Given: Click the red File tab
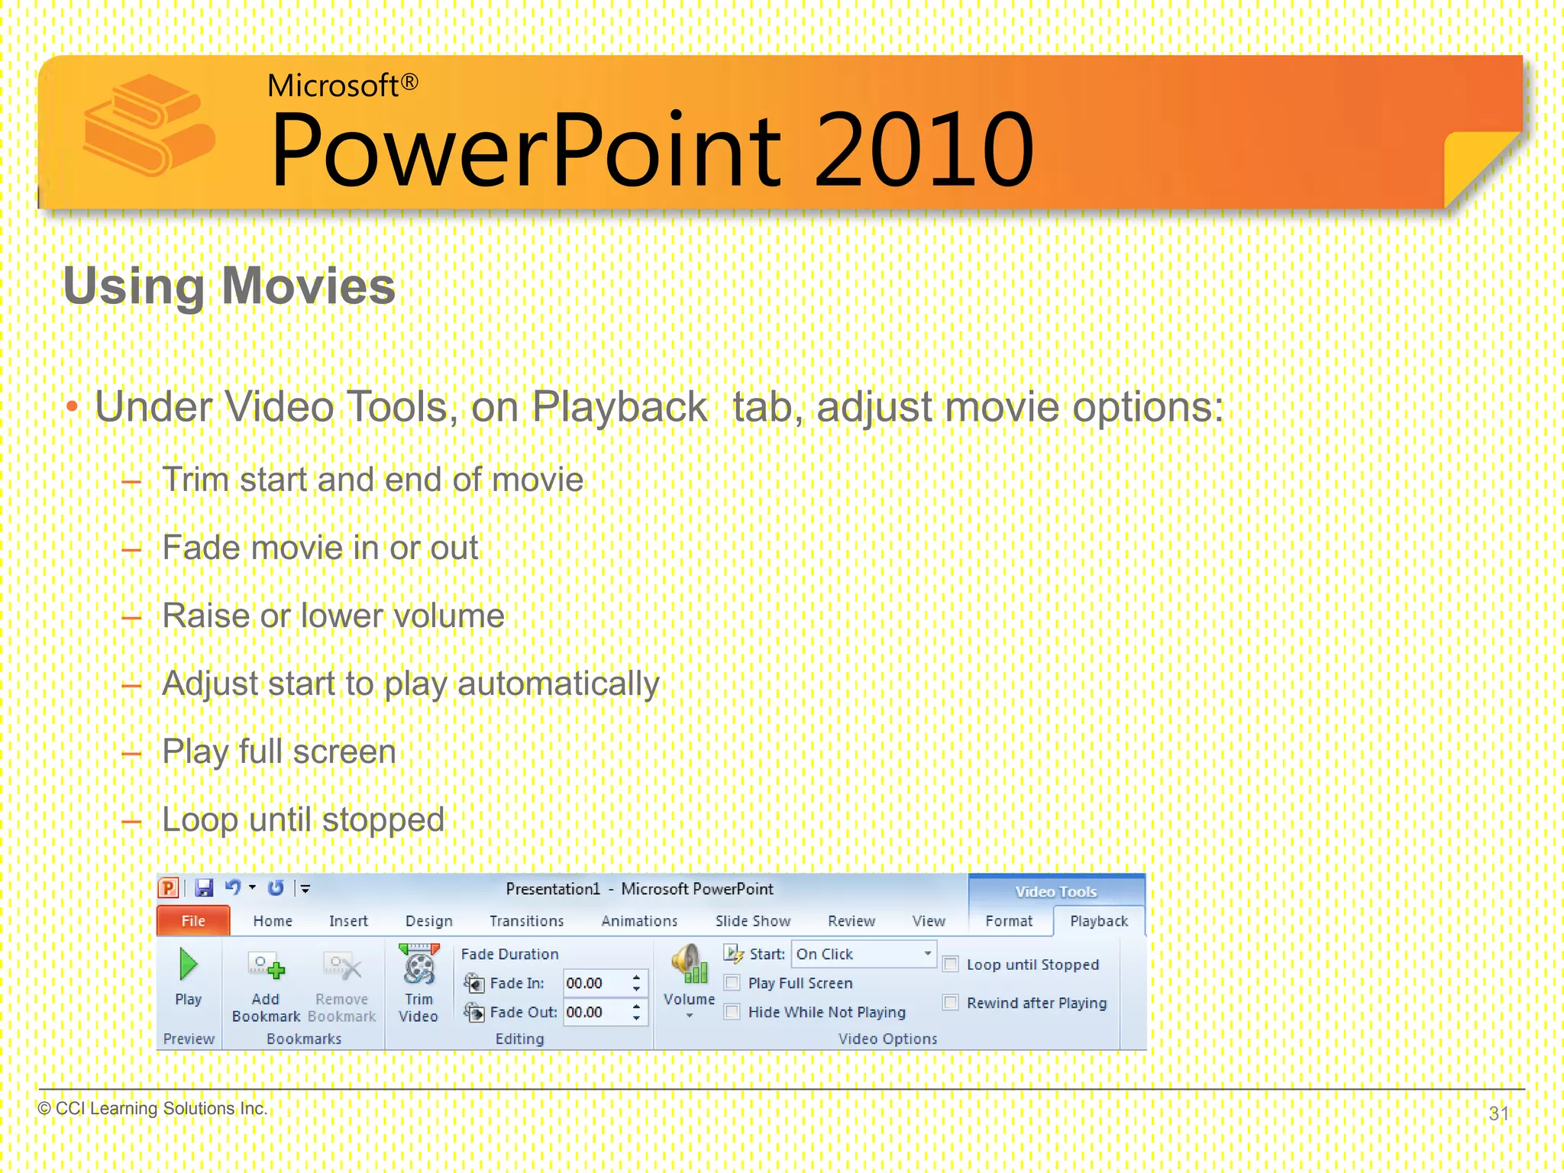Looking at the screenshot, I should point(193,921).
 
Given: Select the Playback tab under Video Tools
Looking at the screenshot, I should point(1098,921).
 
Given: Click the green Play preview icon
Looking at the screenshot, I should point(188,965).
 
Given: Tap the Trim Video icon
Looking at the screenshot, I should point(418,966).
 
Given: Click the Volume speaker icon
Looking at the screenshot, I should point(689,965).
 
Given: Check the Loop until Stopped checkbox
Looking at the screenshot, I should point(951,965).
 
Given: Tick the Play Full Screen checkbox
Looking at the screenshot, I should point(732,983).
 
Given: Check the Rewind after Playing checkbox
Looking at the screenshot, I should point(951,1003).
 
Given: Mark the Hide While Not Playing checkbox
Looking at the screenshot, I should point(732,1012).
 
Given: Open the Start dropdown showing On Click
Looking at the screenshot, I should point(927,954).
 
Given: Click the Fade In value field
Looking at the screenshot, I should point(594,984).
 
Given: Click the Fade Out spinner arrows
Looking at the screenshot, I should point(636,1013).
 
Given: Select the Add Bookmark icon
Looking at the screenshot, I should point(267,968).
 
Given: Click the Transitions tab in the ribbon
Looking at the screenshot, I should point(526,921).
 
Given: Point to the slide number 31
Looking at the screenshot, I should point(1498,1113).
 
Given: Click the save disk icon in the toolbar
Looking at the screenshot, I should point(204,888).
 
